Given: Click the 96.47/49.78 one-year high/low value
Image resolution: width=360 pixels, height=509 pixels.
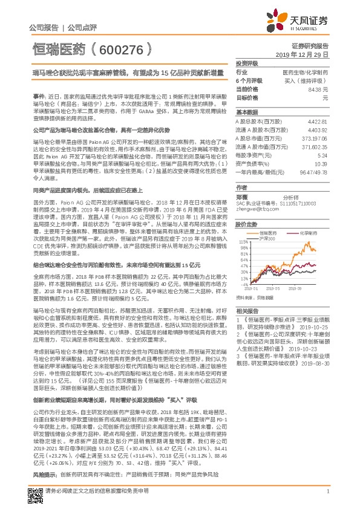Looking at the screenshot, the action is tap(315, 172).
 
